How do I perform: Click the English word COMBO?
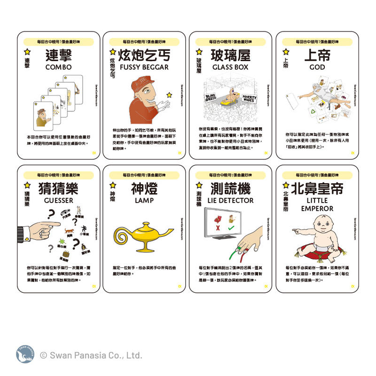pyautogui.click(x=58, y=67)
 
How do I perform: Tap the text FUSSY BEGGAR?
pyautogui.click(x=144, y=67)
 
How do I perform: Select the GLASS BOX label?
pyautogui.click(x=230, y=67)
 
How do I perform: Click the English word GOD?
pyautogui.click(x=317, y=67)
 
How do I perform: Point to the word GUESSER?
pyautogui.click(x=58, y=200)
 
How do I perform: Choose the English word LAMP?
pyautogui.click(x=144, y=200)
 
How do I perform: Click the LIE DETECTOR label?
pyautogui.click(x=230, y=200)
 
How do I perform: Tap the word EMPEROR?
pyautogui.click(x=317, y=208)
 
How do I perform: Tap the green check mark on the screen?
pyautogui.click(x=231, y=229)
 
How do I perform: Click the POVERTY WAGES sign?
pyautogui.click(x=249, y=99)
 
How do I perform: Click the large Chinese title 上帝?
pyautogui.click(x=317, y=55)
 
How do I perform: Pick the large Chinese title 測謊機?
pyautogui.click(x=230, y=188)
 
